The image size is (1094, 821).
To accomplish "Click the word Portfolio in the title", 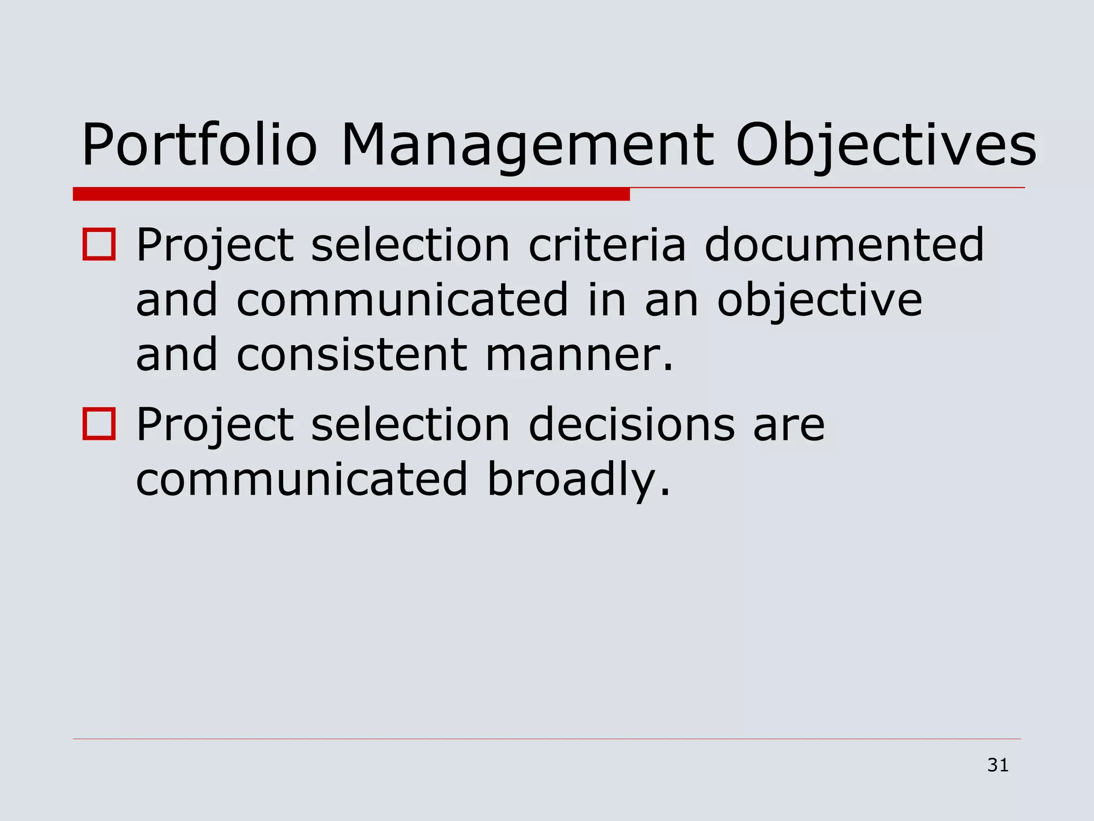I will point(199,145).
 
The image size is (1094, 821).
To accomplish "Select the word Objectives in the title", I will point(886,145).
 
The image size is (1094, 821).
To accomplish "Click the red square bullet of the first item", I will point(99,244).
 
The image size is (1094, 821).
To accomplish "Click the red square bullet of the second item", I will point(99,424).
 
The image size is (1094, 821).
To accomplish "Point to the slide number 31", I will point(998,765).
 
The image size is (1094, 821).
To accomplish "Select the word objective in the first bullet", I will point(819,300).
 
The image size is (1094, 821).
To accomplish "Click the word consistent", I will point(351,355).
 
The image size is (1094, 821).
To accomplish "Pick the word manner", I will point(579,355).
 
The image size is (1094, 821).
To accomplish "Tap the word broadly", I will point(578,480).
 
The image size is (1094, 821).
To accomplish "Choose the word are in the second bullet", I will point(788,425).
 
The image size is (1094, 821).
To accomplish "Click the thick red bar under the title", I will point(351,194).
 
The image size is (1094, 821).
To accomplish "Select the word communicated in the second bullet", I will point(302,479).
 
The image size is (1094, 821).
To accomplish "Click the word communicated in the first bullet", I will point(402,300).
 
